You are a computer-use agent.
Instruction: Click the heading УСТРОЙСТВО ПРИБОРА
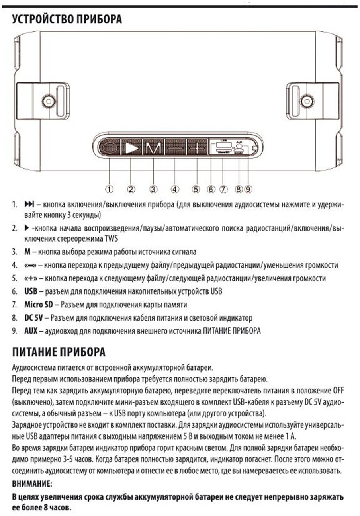click(67, 20)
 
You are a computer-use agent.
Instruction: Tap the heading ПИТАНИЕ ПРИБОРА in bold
click(59, 352)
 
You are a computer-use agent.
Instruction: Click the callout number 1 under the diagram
click(110, 189)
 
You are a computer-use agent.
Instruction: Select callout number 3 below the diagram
click(154, 189)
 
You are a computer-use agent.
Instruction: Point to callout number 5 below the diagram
click(196, 189)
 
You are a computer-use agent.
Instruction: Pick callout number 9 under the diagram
click(248, 189)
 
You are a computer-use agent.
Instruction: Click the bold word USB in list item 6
click(31, 291)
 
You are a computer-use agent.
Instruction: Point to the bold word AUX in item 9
click(31, 331)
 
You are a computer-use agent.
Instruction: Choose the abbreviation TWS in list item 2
click(112, 238)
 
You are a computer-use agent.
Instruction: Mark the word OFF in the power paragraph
click(337, 389)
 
